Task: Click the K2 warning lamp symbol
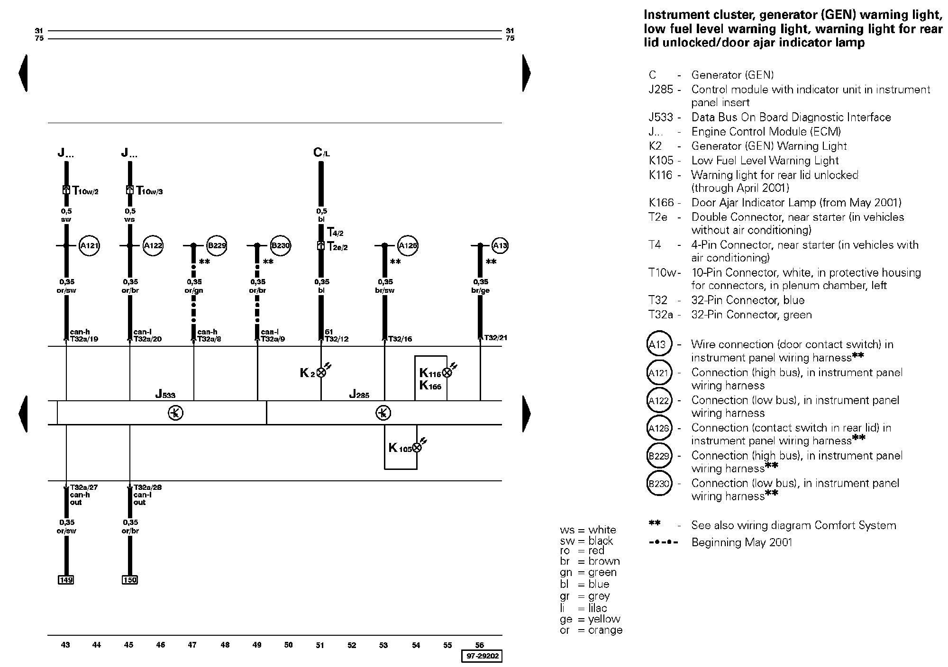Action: click(321, 373)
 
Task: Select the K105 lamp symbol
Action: click(417, 448)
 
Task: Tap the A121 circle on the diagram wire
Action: click(89, 246)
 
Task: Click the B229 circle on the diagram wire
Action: click(217, 246)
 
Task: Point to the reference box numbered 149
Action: click(66, 580)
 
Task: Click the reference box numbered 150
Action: click(129, 580)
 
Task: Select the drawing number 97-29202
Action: click(482, 656)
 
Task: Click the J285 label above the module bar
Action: click(359, 394)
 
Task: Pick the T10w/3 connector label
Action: click(149, 191)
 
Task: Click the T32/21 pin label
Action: click(495, 338)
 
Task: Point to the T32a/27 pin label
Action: click(84, 487)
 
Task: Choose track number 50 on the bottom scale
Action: click(289, 645)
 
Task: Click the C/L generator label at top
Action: click(321, 153)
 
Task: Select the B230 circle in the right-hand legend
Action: click(659, 484)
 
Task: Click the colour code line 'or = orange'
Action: click(591, 631)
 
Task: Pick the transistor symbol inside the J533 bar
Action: click(175, 413)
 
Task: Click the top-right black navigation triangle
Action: click(526, 73)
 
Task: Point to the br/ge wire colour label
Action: click(481, 290)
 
